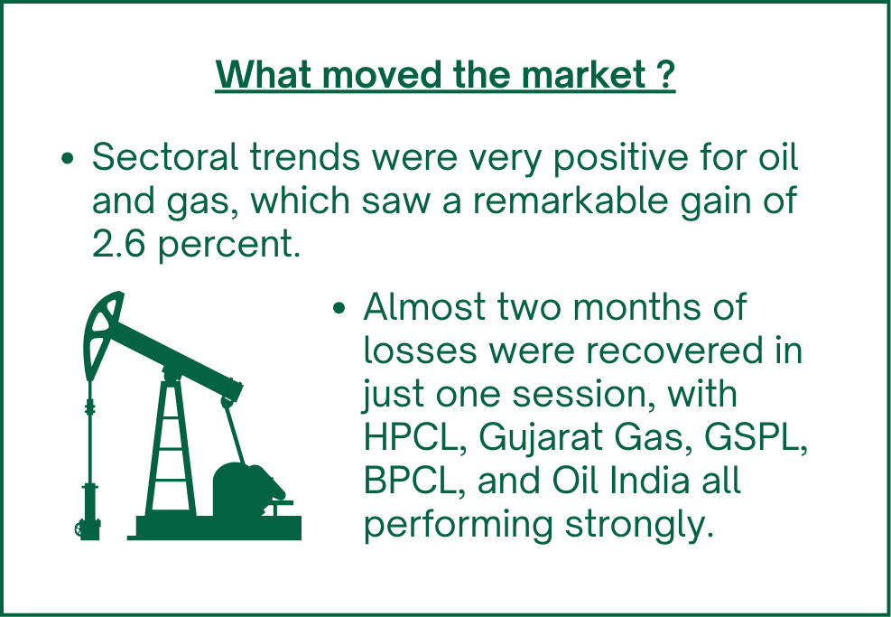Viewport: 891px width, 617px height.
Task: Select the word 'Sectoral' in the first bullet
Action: (165, 156)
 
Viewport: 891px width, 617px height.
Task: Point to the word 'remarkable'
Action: (571, 201)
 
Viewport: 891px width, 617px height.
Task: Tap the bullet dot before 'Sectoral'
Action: (67, 159)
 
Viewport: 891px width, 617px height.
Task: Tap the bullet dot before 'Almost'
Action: (339, 308)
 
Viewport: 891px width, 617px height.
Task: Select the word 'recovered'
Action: (674, 351)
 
